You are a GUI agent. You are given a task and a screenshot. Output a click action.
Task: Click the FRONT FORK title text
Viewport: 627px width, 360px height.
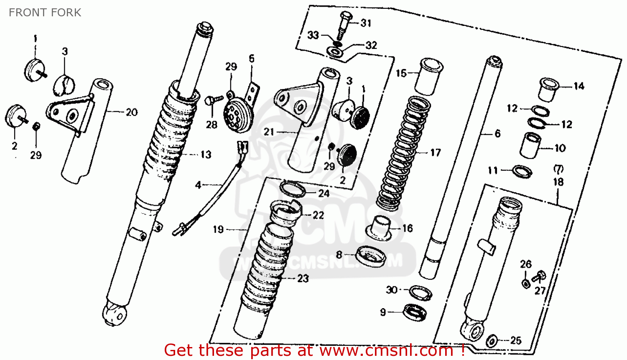pos(45,13)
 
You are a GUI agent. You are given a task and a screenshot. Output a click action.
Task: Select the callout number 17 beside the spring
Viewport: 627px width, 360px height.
pos(435,153)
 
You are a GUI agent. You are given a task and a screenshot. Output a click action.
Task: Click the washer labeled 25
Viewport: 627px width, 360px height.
pos(492,340)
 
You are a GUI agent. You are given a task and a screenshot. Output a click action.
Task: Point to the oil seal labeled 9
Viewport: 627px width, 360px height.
pos(414,312)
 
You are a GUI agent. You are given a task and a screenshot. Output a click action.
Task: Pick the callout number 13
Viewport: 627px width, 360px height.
pos(206,155)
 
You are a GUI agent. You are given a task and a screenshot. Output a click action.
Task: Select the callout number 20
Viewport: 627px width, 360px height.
pos(132,112)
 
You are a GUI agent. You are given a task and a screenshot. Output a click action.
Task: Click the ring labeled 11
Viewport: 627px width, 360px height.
pos(522,171)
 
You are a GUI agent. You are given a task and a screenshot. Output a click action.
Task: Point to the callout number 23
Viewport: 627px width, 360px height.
pos(303,278)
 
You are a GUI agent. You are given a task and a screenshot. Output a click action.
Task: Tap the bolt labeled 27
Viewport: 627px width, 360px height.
pos(540,276)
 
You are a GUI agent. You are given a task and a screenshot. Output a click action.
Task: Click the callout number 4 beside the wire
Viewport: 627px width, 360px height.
pos(198,185)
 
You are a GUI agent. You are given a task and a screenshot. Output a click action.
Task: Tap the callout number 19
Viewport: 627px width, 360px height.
pos(218,229)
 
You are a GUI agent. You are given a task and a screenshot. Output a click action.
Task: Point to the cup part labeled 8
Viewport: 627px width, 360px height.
pos(370,256)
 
